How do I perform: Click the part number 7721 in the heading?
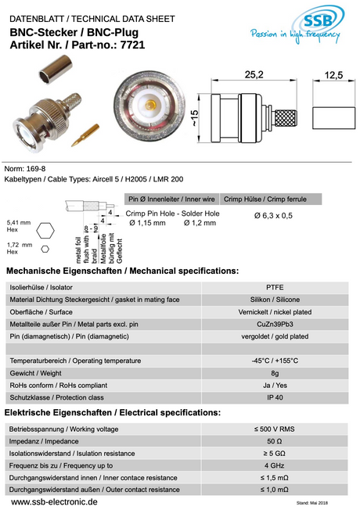pyautogui.click(x=129, y=46)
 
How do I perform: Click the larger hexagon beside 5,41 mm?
pyautogui.click(x=49, y=231)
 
